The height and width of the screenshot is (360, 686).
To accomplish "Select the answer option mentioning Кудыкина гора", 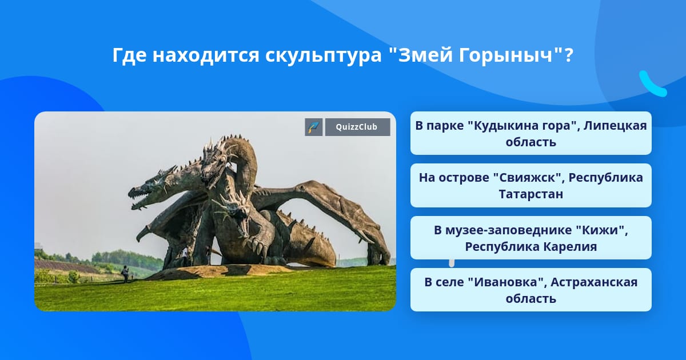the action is coord(531,133).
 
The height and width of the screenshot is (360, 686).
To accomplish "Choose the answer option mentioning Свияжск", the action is coord(531,186).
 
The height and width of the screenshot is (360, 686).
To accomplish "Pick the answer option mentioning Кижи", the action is coord(531,238).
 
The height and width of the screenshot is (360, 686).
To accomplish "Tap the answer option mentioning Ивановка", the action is coord(531,290).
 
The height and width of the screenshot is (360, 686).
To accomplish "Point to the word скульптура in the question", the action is coord(324,56).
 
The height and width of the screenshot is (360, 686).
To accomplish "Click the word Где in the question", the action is coord(129,55).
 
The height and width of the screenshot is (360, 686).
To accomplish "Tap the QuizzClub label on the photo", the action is coord(357,127).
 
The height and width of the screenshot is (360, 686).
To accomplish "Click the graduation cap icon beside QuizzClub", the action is coord(314,127).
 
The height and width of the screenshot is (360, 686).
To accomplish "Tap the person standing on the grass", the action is coord(125,274).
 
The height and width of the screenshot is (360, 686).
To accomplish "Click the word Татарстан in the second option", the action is coord(531,194).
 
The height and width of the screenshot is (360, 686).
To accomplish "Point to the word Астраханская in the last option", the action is coord(594,282).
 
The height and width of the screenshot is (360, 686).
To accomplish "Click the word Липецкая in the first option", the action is coord(615,126).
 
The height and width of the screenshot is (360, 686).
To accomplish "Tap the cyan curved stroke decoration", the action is coord(652,85).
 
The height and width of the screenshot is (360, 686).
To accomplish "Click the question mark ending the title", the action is coord(569,55).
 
